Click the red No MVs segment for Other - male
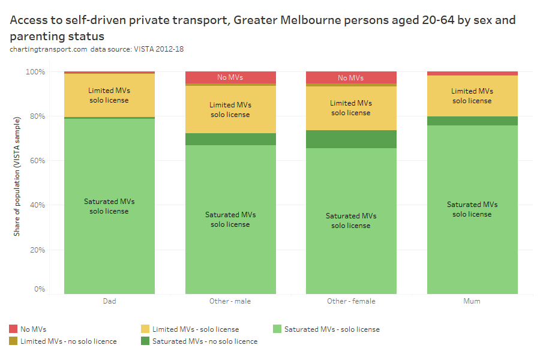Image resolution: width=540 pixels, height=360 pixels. click(x=230, y=77)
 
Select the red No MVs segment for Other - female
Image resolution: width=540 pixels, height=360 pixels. click(x=351, y=77)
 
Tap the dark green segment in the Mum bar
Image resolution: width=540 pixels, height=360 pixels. click(x=472, y=121)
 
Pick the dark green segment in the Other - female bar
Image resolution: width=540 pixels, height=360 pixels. click(x=351, y=139)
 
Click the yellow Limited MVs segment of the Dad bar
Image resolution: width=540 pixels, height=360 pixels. click(x=109, y=95)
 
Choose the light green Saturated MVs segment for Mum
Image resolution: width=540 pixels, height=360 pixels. click(x=472, y=209)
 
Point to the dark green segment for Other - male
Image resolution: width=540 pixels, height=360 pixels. click(x=230, y=139)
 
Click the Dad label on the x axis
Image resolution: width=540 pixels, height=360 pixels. click(x=109, y=301)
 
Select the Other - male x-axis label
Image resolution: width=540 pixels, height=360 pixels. click(x=230, y=301)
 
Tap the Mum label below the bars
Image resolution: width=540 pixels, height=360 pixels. click(x=472, y=301)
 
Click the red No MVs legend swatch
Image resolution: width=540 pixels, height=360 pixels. click(x=13, y=329)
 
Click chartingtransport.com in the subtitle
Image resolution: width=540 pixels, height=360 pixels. click(x=48, y=49)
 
